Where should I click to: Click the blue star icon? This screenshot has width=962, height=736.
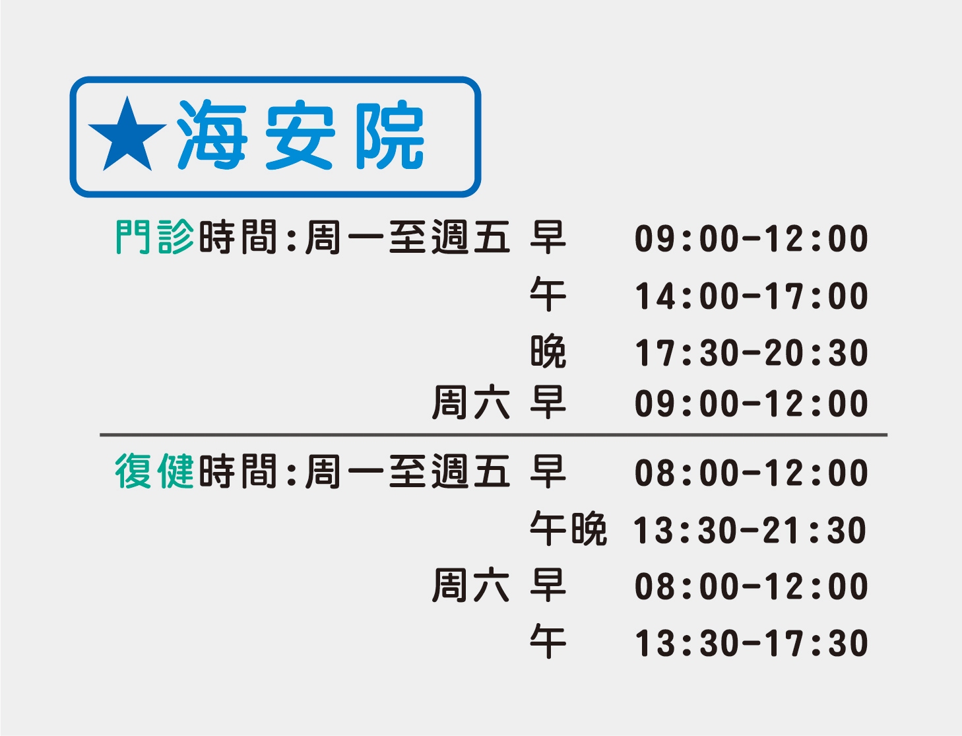click(x=127, y=134)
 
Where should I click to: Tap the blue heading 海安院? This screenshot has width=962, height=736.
click(x=300, y=134)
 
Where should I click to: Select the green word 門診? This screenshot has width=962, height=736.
click(x=154, y=237)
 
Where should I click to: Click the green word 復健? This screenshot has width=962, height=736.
click(x=154, y=471)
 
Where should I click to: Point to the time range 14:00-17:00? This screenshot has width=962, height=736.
click(x=752, y=296)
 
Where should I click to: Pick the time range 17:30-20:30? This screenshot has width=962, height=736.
click(x=752, y=352)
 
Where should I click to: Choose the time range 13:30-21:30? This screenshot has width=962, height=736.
click(x=750, y=531)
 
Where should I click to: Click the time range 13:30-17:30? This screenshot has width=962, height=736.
click(x=752, y=644)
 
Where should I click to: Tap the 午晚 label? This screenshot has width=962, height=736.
click(x=568, y=529)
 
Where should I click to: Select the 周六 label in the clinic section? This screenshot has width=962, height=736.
click(x=470, y=403)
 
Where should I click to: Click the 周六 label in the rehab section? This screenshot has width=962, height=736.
click(x=470, y=585)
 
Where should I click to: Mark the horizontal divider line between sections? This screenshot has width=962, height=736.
click(x=494, y=435)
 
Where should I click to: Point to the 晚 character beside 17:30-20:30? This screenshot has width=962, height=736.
click(x=548, y=351)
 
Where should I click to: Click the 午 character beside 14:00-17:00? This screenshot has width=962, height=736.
click(x=548, y=294)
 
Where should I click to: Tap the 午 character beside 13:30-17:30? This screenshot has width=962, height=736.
click(x=548, y=642)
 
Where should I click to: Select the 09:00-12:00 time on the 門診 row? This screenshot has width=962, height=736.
click(x=752, y=239)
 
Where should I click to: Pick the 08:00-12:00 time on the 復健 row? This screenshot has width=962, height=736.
click(x=752, y=473)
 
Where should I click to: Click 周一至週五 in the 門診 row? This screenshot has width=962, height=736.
click(x=408, y=237)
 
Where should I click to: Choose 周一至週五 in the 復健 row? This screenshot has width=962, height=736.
click(x=408, y=471)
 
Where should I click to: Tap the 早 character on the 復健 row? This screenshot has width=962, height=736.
click(x=548, y=471)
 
